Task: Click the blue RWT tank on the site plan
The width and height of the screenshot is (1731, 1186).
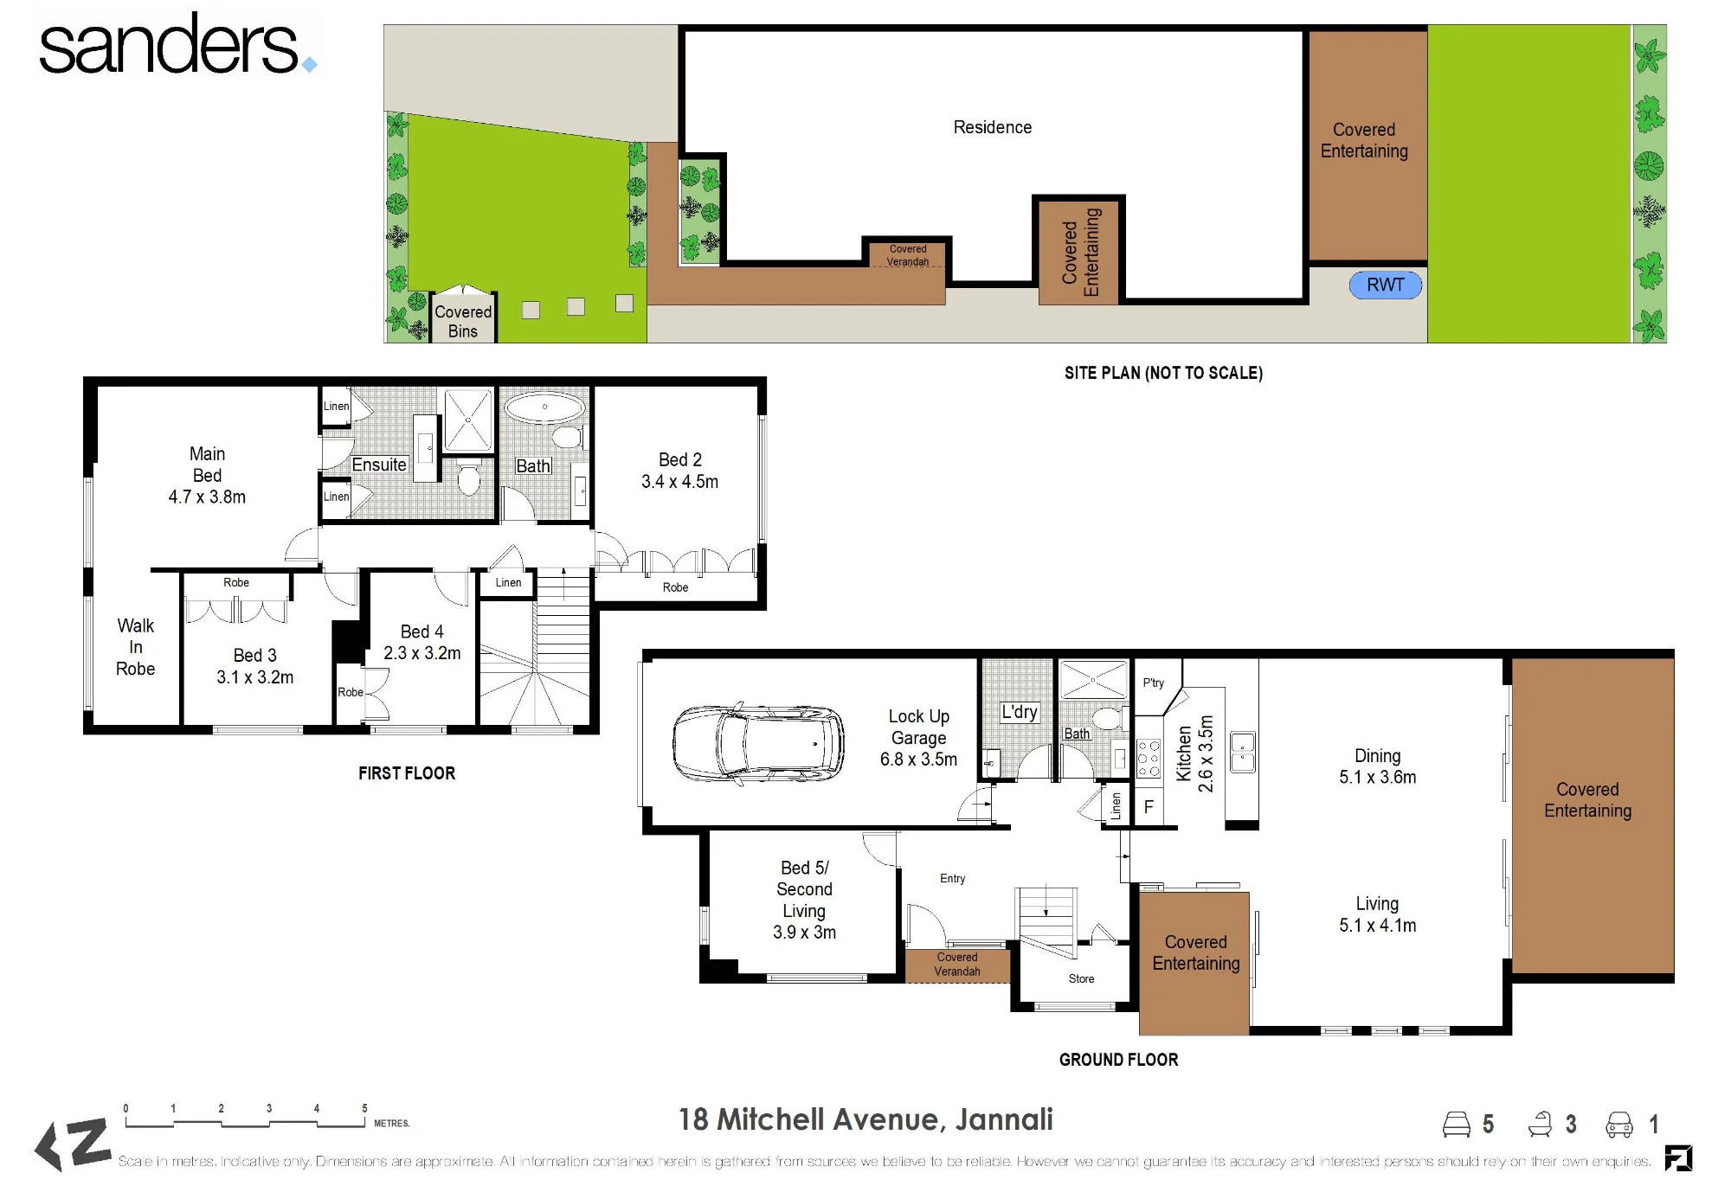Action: pyautogui.click(x=1385, y=285)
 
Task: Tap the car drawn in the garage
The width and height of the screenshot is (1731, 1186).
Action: pyautogui.click(x=758, y=743)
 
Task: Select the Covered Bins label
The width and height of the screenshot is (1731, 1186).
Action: pyautogui.click(x=463, y=321)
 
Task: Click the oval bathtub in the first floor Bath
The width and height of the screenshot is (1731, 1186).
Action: pyautogui.click(x=544, y=407)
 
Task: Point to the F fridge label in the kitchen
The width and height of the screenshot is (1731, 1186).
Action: pyautogui.click(x=1149, y=807)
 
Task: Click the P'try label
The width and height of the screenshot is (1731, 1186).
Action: pyautogui.click(x=1154, y=683)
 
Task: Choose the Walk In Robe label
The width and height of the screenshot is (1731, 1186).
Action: pyautogui.click(x=136, y=647)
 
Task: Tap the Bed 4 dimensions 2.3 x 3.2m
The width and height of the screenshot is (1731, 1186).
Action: pyautogui.click(x=422, y=653)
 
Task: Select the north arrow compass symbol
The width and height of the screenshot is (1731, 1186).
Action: pyautogui.click(x=73, y=1144)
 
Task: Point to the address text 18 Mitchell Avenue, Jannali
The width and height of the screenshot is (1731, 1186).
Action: pyautogui.click(x=865, y=1119)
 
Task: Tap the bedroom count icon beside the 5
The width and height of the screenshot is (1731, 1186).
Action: pyautogui.click(x=1457, y=1124)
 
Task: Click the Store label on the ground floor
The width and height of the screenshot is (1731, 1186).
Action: pyautogui.click(x=1081, y=978)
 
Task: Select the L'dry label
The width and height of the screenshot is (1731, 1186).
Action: pyautogui.click(x=1020, y=712)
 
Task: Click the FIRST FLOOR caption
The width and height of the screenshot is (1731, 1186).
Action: pyautogui.click(x=407, y=773)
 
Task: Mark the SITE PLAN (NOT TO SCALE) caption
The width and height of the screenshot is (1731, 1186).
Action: pyautogui.click(x=1163, y=373)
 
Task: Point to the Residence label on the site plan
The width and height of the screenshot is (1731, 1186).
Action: pyautogui.click(x=993, y=127)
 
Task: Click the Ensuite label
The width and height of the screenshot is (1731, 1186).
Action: pyautogui.click(x=379, y=465)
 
